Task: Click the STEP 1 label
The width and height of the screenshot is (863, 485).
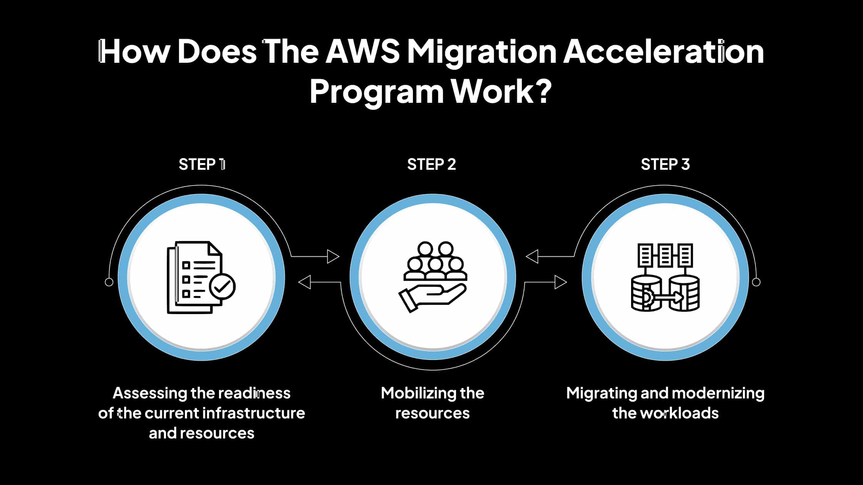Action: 202,164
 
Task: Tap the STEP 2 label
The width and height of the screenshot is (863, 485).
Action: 431,164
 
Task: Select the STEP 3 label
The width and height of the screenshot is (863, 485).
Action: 665,164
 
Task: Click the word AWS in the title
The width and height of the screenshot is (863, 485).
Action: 363,52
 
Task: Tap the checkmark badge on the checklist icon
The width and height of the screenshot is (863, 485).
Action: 222,286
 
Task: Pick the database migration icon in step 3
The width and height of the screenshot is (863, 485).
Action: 665,277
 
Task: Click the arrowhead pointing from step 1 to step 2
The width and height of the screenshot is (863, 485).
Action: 333,256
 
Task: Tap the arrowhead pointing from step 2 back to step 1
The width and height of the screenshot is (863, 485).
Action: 305,282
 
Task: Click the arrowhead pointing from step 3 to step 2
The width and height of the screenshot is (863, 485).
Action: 532,256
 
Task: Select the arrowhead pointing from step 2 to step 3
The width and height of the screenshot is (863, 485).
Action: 561,282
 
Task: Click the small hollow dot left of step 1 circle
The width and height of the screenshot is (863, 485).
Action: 109,282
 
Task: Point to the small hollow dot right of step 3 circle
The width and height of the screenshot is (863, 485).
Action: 756,282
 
